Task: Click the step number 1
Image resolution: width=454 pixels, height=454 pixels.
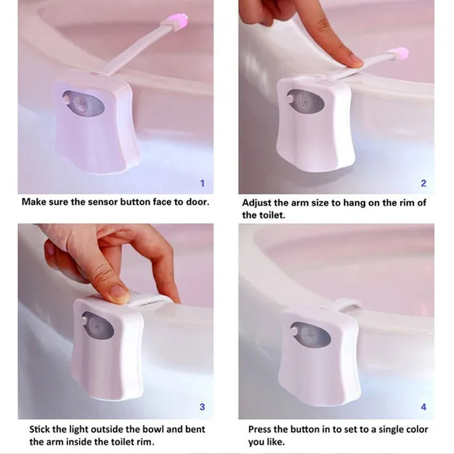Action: [x=202, y=184]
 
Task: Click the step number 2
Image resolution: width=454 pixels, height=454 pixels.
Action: [x=424, y=184]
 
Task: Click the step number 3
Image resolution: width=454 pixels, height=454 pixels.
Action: [x=202, y=407]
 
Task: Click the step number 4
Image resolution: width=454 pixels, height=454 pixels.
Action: [x=424, y=407]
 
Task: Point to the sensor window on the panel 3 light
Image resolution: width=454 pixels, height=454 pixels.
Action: [x=97, y=325]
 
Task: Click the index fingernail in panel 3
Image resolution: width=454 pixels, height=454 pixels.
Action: [x=118, y=294]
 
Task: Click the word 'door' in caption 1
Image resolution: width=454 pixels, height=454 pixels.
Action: [x=195, y=202]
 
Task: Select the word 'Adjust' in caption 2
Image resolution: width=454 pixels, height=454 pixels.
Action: [x=257, y=202]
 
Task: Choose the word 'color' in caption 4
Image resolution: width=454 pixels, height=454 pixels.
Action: [x=413, y=429]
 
